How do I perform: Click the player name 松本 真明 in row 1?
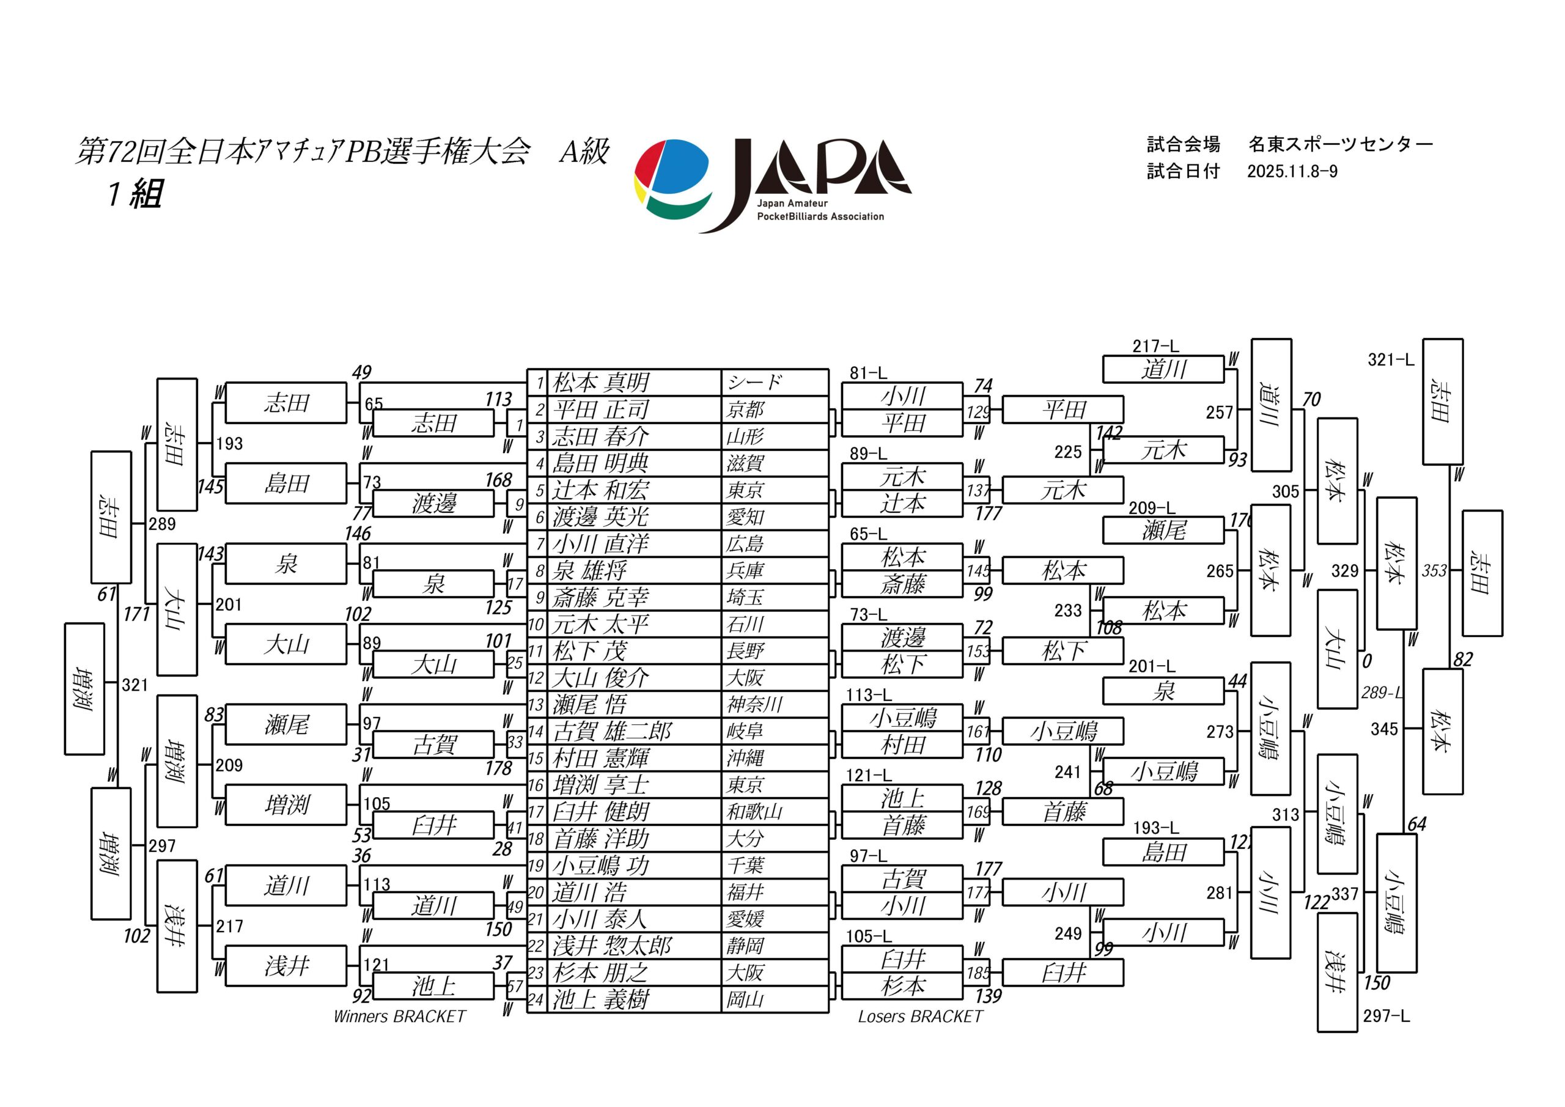click(x=600, y=383)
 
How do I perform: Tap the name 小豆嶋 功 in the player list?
click(x=600, y=866)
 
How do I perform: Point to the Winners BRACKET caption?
click(x=399, y=1017)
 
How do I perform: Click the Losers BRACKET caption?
click(x=920, y=1017)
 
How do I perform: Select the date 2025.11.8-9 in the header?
click(x=1292, y=171)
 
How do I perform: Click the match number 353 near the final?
click(x=1434, y=570)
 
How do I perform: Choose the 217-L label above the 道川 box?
click(x=1155, y=346)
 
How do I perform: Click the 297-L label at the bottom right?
click(x=1386, y=1016)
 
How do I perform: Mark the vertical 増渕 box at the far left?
click(x=84, y=688)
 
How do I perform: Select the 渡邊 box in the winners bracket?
click(x=433, y=504)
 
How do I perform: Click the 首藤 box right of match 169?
click(x=1062, y=812)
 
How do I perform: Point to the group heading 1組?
click(x=136, y=194)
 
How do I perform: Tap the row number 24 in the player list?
click(x=536, y=1000)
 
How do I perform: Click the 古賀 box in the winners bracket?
click(x=433, y=745)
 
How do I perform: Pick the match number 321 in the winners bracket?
click(x=134, y=685)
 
